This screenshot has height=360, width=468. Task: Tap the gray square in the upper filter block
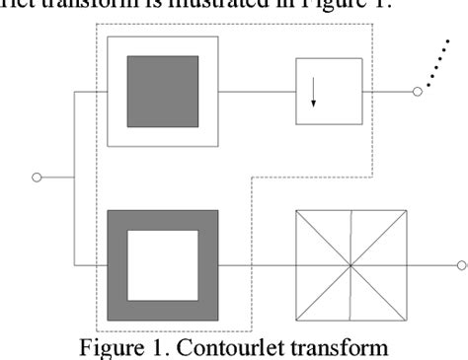click(163, 91)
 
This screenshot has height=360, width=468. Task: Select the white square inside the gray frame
click(163, 265)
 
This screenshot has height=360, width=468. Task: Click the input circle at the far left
click(39, 179)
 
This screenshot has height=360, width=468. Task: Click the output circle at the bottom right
click(461, 265)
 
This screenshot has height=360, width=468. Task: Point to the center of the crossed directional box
click(351, 265)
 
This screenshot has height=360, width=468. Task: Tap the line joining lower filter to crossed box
click(257, 265)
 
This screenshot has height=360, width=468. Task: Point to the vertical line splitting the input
click(75, 179)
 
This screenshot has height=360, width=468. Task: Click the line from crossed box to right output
click(430, 265)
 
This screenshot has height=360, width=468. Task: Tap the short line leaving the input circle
click(58, 179)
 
